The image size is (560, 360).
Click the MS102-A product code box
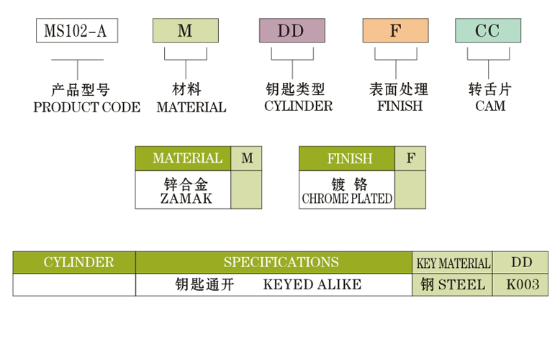76,31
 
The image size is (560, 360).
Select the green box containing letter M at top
185,31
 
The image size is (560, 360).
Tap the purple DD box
291,31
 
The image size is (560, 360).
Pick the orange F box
394,31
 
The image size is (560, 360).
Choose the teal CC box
487,31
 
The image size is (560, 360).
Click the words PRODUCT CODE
87,107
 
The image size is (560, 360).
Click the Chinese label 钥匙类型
295,90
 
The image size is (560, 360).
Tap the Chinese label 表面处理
398,90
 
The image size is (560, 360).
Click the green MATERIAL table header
187,158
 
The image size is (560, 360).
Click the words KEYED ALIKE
312,284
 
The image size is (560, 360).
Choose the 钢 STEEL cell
453,284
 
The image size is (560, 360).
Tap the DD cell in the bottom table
521,262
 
